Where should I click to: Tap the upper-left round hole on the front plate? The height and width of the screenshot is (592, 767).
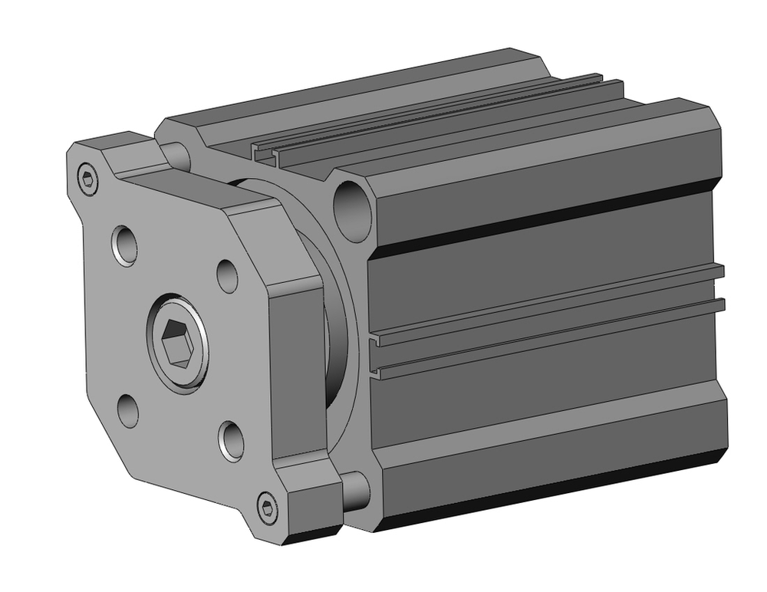point(127,245)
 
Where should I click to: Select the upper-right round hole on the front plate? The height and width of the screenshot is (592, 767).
point(227,275)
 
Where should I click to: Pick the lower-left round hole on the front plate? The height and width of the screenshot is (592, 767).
point(129,409)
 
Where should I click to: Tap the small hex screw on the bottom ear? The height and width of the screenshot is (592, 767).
point(267,507)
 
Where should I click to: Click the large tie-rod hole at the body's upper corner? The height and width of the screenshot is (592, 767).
point(353,206)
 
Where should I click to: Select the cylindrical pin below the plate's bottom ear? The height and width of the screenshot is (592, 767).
point(356,492)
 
